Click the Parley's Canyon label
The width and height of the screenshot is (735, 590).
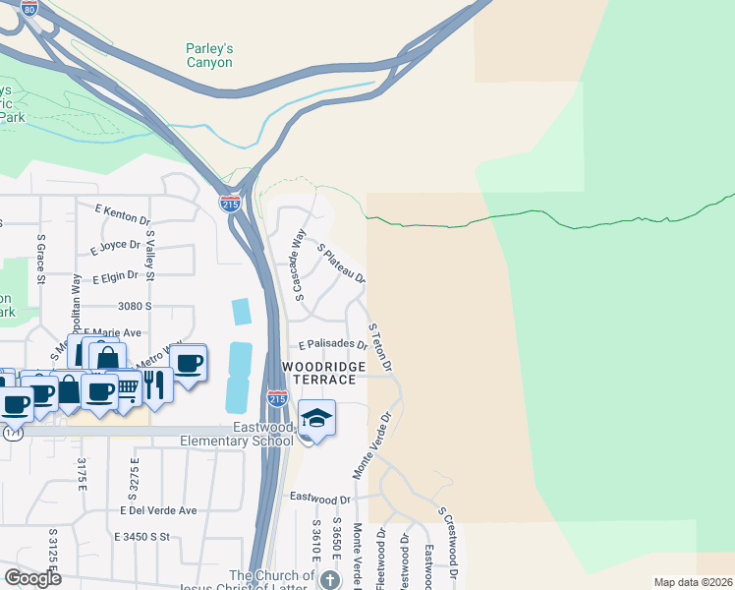(x=209, y=55)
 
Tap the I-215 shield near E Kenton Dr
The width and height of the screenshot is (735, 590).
(x=229, y=203)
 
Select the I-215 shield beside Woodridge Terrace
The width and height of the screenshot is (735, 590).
(x=277, y=398)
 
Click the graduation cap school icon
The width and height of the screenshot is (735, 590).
(x=316, y=419)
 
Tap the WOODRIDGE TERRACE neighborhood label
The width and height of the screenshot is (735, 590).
(x=324, y=373)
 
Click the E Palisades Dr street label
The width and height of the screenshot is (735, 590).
(x=333, y=345)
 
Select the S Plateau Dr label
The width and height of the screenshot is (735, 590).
(x=342, y=264)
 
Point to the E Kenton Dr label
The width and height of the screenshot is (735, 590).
(x=122, y=214)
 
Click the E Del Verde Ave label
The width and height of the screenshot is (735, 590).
(x=158, y=510)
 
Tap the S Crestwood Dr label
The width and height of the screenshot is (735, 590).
(x=449, y=543)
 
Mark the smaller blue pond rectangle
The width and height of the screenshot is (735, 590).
(x=241, y=312)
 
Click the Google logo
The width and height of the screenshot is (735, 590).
(x=32, y=578)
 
